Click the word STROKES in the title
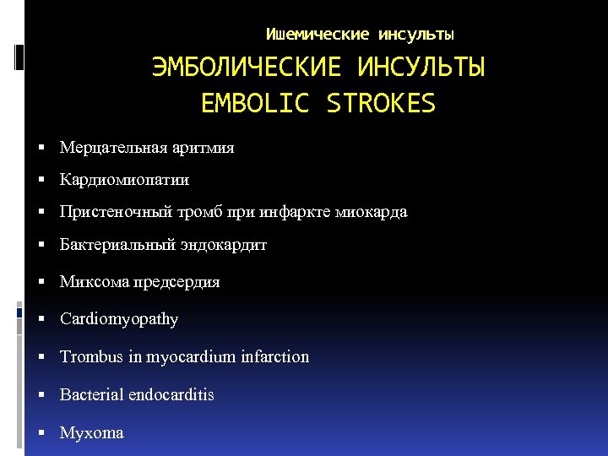tap(380, 104)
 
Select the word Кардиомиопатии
tap(124, 180)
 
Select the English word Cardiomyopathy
tap(119, 319)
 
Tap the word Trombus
tap(92, 356)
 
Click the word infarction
tap(275, 356)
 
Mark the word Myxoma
tap(91, 433)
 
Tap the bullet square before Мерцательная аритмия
tap(42, 149)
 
